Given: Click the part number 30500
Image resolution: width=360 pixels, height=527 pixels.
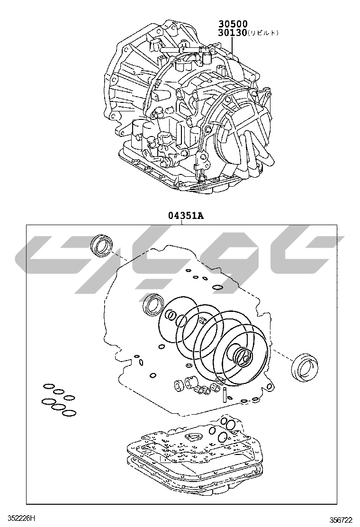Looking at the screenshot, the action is pos(233,24).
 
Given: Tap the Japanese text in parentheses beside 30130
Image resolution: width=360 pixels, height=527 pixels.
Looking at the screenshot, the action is pos(264,33).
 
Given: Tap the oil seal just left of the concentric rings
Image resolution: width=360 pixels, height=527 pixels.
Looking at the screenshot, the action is pos(153,305).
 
